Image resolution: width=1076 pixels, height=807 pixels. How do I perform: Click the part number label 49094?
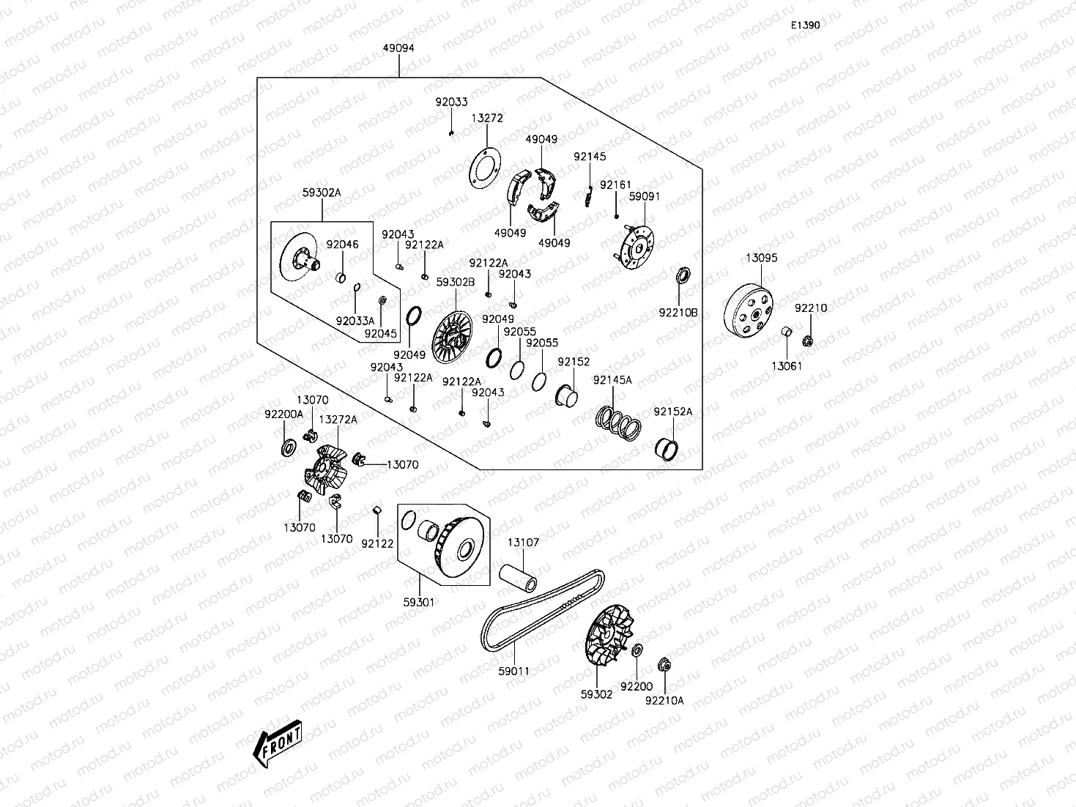(398, 48)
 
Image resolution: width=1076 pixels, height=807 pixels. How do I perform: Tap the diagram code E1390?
(804, 25)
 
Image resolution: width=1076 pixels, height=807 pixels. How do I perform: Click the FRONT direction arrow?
(277, 745)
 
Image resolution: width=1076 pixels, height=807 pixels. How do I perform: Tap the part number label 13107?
(524, 543)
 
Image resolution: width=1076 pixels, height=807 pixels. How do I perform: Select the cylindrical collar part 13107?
(518, 576)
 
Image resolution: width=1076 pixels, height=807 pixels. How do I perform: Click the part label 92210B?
(678, 313)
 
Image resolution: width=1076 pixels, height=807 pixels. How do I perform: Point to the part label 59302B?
(456, 281)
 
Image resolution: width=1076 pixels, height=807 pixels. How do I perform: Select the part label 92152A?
(672, 412)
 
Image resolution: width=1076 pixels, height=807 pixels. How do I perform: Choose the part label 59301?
(419, 602)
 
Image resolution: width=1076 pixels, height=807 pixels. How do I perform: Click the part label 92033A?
(355, 321)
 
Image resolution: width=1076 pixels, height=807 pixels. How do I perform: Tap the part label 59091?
(645, 196)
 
